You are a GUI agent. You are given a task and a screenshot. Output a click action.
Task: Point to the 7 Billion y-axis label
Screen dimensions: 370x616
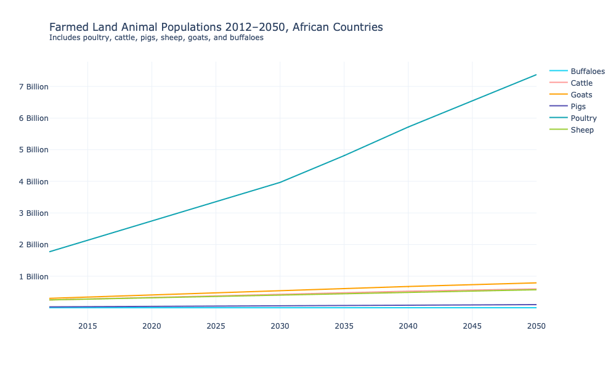click(x=33, y=87)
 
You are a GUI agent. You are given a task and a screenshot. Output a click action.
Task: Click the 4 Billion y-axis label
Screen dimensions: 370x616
click(x=33, y=182)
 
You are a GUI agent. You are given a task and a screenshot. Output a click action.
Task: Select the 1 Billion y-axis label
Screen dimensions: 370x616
click(x=33, y=277)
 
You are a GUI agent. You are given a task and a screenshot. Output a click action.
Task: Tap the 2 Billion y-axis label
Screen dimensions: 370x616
click(x=33, y=245)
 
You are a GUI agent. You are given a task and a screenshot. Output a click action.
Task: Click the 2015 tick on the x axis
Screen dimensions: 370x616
click(x=87, y=326)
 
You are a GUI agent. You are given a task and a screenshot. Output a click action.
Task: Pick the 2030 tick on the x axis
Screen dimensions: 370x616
click(x=280, y=326)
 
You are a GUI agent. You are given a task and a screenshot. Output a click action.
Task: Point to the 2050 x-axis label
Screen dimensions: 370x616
click(x=536, y=326)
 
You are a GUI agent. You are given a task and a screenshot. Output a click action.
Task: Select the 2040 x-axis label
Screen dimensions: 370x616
click(x=408, y=326)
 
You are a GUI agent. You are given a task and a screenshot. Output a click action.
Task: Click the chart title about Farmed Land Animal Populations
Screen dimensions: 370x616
click(x=216, y=27)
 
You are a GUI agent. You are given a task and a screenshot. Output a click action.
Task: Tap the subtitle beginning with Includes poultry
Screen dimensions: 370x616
click(x=156, y=38)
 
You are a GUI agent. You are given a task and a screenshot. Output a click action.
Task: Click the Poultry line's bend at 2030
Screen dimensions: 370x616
click(x=280, y=182)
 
